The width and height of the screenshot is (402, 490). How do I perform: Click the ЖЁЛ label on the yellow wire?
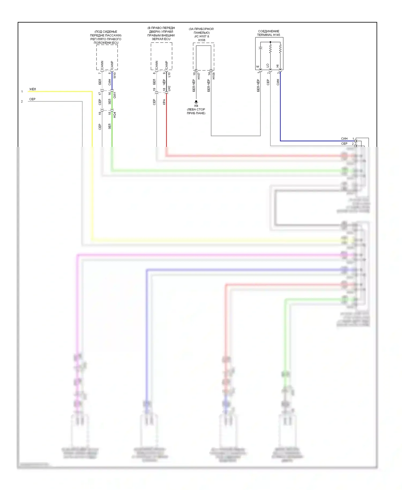[32, 89]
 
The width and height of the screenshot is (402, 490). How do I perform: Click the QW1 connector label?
[115, 95]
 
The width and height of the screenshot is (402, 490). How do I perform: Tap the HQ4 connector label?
[115, 115]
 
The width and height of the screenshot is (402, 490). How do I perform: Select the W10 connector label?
[115, 75]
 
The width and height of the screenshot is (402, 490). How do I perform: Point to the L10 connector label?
[169, 75]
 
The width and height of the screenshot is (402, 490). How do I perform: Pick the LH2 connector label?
[169, 88]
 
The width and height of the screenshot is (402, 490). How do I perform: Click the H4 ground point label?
[196, 106]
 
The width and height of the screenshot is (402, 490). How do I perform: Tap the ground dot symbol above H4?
[196, 102]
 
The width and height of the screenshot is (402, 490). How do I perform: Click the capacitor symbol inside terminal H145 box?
[260, 48]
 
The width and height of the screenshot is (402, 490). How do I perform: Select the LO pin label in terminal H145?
[268, 65]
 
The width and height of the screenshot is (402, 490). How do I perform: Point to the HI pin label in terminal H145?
[278, 66]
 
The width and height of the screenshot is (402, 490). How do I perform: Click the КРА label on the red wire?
[164, 102]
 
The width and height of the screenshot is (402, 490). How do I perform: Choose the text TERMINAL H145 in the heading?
[269, 35]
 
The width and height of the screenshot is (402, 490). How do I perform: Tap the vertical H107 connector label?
[199, 76]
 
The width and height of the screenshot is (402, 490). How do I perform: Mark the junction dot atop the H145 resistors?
[270, 42]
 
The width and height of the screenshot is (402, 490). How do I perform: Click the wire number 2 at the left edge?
[22, 102]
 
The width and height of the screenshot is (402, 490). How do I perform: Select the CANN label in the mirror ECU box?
[157, 65]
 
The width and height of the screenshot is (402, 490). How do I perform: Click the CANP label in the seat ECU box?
[112, 65]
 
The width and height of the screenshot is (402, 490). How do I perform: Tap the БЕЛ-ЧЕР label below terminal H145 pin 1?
[258, 86]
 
